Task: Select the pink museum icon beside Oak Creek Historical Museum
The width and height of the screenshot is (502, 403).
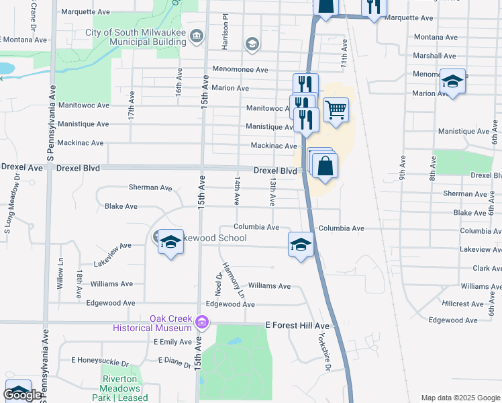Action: click(201, 324)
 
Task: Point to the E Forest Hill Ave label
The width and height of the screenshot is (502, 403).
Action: click(298, 325)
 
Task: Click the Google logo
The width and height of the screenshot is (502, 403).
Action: click(22, 395)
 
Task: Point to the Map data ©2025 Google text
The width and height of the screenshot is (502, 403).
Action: click(460, 398)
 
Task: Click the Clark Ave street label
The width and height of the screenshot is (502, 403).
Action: click(487, 268)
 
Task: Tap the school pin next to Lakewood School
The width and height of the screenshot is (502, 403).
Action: click(170, 242)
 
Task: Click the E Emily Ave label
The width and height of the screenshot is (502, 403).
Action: click(174, 342)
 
